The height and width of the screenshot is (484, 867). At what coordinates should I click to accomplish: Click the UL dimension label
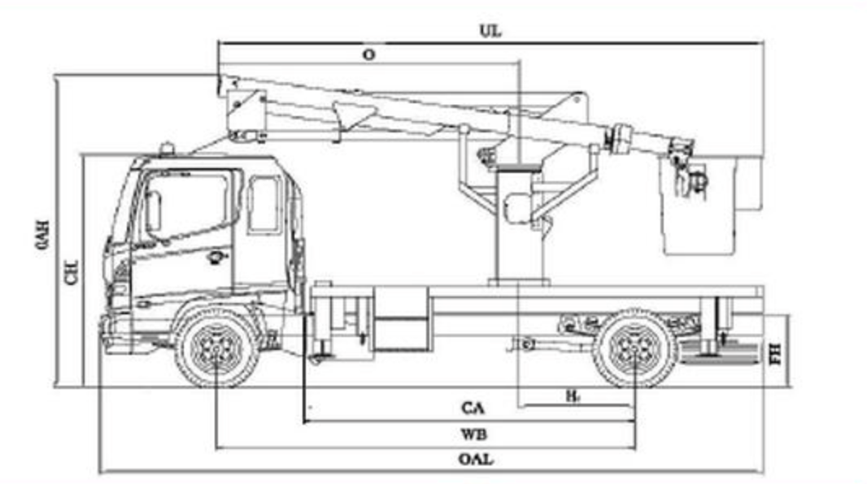[x=490, y=32]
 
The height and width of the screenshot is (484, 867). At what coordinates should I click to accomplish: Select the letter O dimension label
[x=368, y=54]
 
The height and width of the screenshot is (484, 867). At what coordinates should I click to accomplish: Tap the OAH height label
[x=44, y=236]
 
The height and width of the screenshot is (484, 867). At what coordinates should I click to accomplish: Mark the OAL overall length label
[x=475, y=459]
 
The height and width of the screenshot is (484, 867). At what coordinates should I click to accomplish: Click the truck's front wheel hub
[x=217, y=348]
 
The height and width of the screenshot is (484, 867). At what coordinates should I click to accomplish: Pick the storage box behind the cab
[x=400, y=318]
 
